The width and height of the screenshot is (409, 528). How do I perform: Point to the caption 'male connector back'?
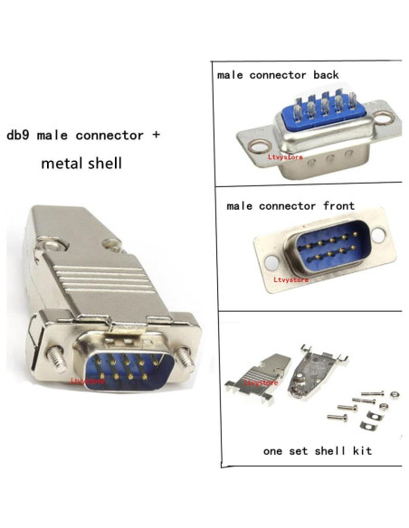278,75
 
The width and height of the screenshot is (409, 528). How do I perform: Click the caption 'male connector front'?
290,206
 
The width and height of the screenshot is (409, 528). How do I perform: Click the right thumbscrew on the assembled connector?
188,358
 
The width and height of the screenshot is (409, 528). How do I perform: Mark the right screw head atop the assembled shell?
111,243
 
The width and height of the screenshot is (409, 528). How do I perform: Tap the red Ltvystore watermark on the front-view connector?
291,279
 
